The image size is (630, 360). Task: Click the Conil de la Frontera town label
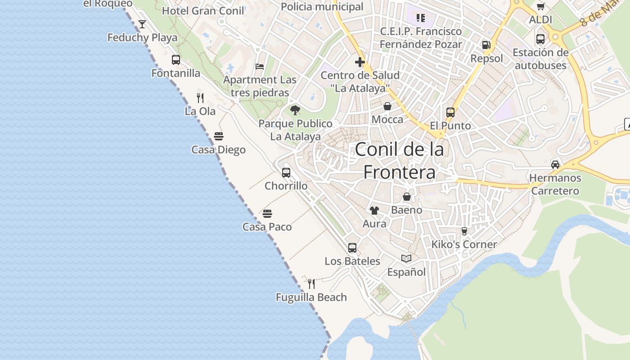[399, 161]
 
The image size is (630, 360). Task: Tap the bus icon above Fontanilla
[176, 60]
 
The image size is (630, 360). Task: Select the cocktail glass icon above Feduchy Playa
[142, 24]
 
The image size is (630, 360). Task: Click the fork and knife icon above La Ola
[200, 98]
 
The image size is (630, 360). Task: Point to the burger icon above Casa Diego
[219, 136]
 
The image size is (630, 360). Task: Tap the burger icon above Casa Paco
[267, 213]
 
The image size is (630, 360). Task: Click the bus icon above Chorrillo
[286, 172]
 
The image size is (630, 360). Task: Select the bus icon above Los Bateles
[352, 247]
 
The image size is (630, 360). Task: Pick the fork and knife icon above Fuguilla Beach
[311, 284]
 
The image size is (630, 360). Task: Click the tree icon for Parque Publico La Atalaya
[295, 110]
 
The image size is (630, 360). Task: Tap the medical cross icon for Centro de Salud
[360, 62]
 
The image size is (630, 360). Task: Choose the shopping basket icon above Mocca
[387, 106]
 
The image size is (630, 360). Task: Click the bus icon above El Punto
[450, 112]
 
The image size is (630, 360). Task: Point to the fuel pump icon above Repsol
[486, 45]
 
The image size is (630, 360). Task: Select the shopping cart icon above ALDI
[540, 6]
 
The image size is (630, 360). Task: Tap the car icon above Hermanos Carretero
[555, 164]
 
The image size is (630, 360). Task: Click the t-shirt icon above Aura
[374, 210]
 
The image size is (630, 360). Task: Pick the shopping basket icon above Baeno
[407, 197]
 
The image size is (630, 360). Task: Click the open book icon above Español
[406, 258]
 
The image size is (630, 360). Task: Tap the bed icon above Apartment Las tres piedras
[260, 67]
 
